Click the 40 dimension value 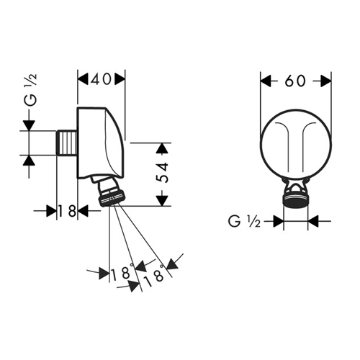101,79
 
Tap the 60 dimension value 295,81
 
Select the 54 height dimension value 162,173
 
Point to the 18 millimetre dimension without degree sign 68,211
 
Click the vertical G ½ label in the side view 31,90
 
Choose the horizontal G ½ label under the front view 244,221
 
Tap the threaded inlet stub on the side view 67,143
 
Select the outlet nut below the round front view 295,199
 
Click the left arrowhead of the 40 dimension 83,79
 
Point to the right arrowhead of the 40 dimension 120,79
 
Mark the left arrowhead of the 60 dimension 266,81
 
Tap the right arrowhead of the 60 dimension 326,81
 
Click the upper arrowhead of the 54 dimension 163,148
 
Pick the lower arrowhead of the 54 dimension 163,201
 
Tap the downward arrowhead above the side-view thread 29,125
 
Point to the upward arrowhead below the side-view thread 29,161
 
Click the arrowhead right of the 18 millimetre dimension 84,211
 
